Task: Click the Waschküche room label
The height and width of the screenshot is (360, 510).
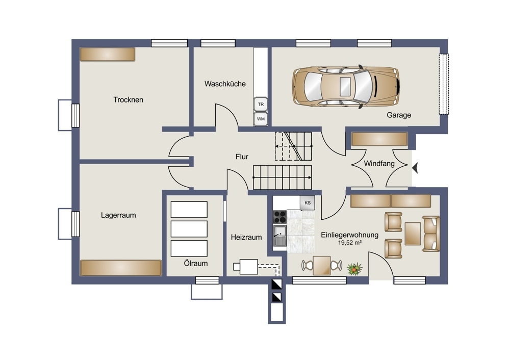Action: click(x=225, y=84)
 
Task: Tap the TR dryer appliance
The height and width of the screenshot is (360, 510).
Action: click(x=261, y=105)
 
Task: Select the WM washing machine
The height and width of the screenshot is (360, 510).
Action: click(x=261, y=119)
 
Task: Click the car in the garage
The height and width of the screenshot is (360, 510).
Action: click(x=346, y=87)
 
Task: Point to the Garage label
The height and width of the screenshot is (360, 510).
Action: click(x=399, y=115)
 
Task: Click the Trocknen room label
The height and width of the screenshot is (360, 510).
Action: click(x=128, y=100)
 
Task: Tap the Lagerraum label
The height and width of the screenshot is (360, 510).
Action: click(x=118, y=215)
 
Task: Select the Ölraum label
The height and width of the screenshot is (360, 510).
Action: click(x=196, y=263)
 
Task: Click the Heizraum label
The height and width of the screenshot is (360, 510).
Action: click(x=246, y=238)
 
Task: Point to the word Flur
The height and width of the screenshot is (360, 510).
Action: click(x=242, y=157)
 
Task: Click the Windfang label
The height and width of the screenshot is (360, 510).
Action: click(x=379, y=164)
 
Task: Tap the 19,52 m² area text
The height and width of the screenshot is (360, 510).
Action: click(x=350, y=243)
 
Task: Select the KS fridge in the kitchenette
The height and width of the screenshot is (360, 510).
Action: click(x=308, y=202)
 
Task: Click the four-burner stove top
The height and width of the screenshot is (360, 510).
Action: click(x=279, y=217)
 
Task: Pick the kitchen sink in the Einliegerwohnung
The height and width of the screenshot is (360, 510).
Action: click(x=279, y=236)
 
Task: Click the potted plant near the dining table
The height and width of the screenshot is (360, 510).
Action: click(x=354, y=269)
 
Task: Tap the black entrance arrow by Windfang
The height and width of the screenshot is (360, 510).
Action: click(x=415, y=168)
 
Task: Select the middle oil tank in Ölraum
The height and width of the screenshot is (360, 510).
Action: click(x=189, y=229)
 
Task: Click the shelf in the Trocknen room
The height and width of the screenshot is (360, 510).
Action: click(x=108, y=55)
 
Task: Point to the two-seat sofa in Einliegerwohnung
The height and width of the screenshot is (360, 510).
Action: click(x=431, y=234)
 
